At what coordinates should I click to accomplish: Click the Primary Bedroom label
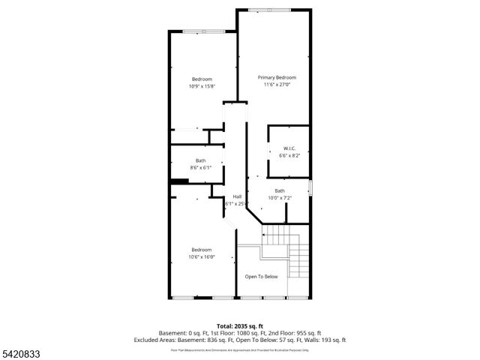pos(277,77)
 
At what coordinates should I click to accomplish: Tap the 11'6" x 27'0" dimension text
pos(277,85)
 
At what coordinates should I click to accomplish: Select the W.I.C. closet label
pos(289,148)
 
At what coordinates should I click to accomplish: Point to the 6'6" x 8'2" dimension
pos(289,155)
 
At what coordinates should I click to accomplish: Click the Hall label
pos(237,196)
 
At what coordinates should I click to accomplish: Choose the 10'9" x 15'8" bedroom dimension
pos(202,86)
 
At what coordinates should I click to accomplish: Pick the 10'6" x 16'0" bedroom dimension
pos(201,256)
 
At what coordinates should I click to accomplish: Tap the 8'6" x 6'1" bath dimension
pos(200,167)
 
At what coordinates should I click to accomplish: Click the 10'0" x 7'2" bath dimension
pos(280,198)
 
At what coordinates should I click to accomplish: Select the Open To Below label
pos(261,276)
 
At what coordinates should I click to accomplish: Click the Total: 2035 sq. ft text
pos(240,325)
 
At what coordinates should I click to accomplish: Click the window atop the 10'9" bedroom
pos(202,31)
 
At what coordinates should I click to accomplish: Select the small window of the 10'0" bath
pos(310,187)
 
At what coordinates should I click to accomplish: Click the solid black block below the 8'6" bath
pos(178,181)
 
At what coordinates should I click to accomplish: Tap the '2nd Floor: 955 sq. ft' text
pos(296,333)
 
